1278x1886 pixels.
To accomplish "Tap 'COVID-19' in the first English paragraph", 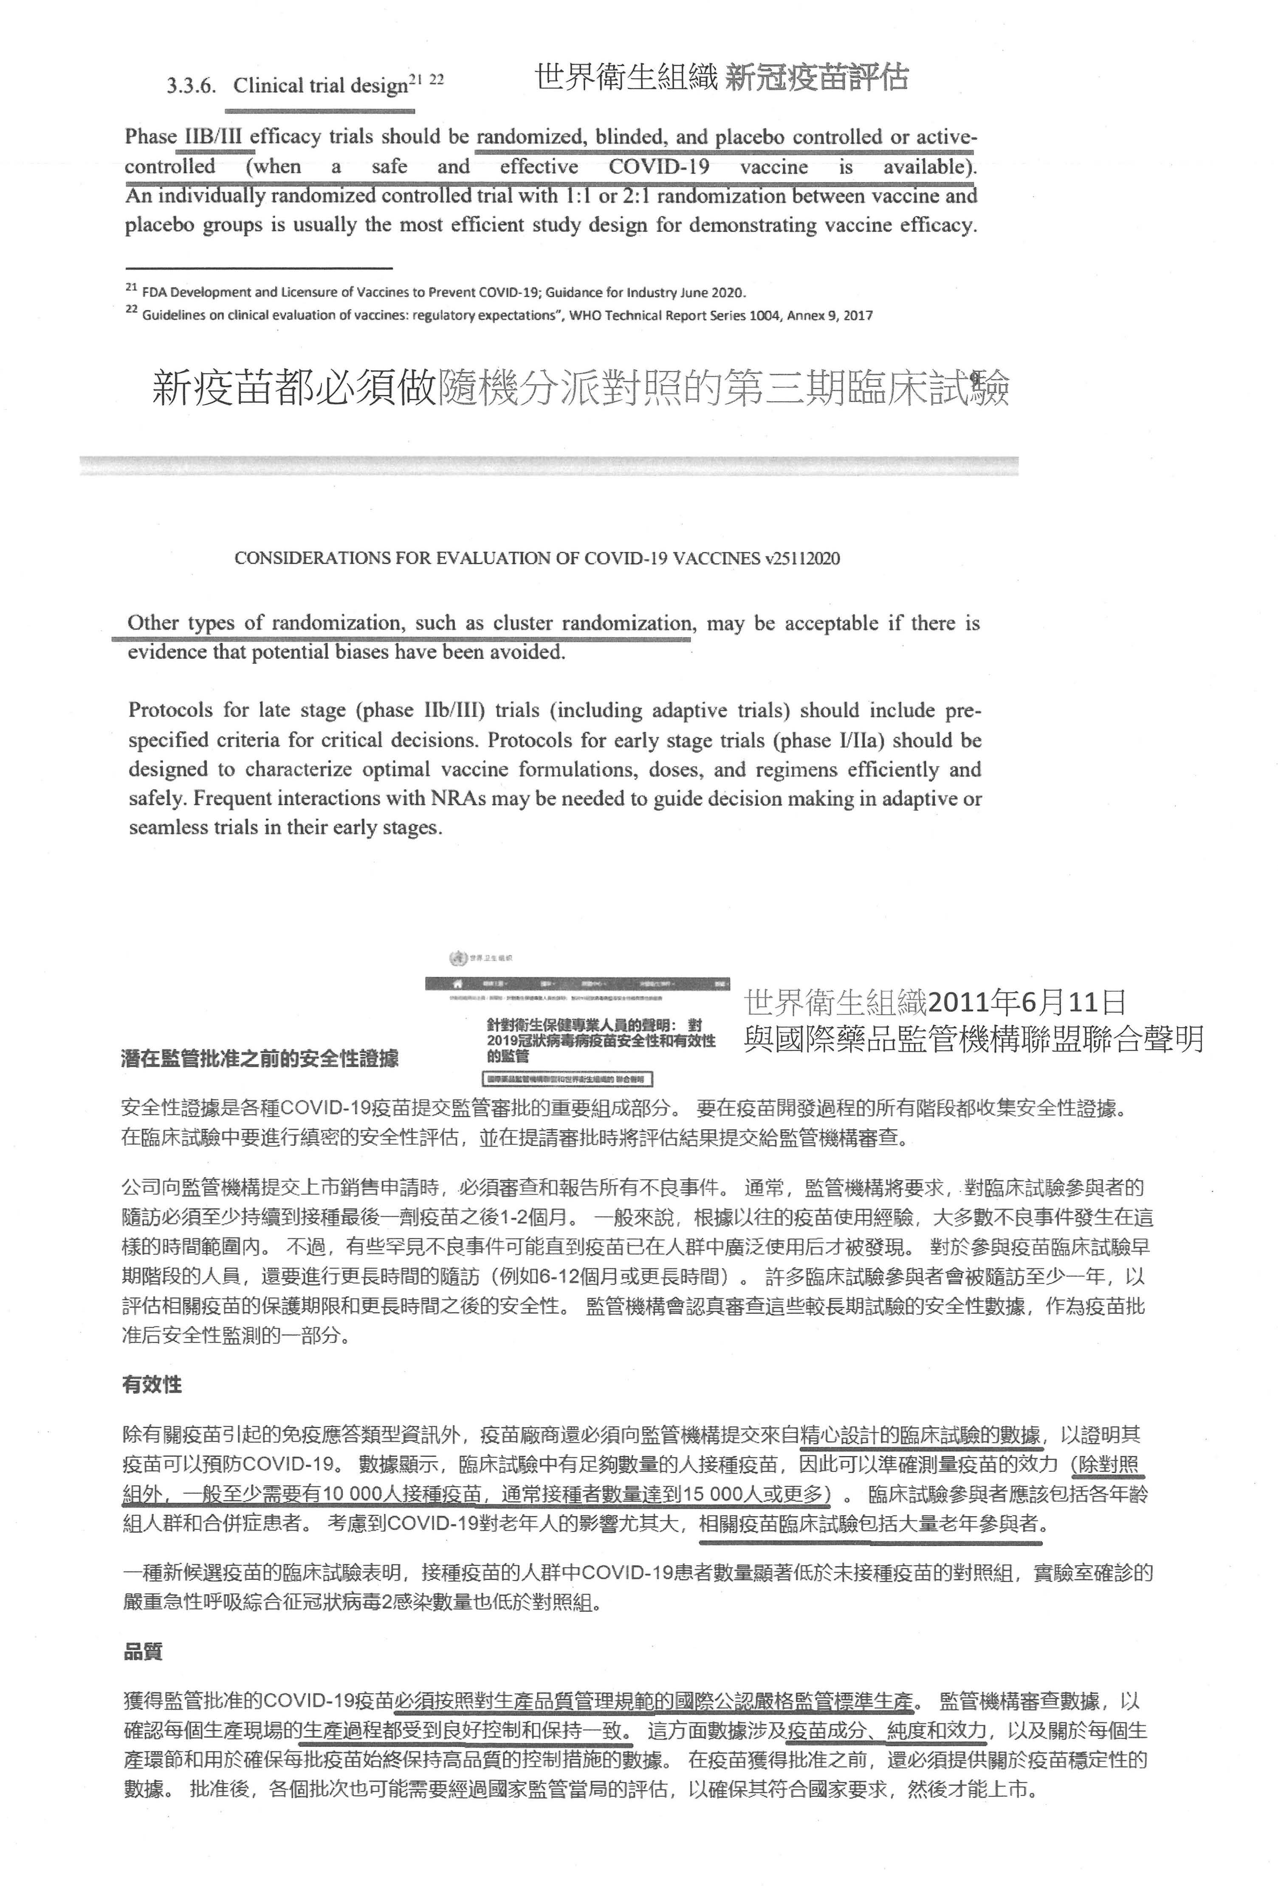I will click(658, 167).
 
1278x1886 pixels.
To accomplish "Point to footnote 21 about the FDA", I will click(438, 292).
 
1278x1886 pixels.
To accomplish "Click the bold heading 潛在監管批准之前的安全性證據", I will click(260, 1058).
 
